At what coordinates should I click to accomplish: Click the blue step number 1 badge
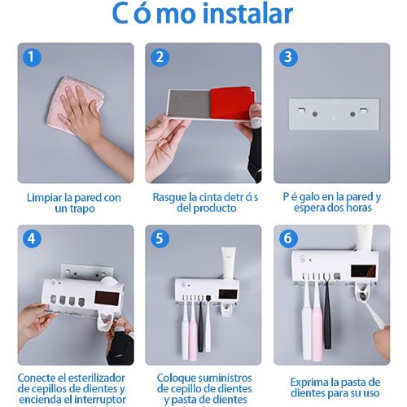pos(32,57)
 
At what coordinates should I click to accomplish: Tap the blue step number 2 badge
pos(160,57)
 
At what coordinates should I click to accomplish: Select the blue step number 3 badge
pos(288,57)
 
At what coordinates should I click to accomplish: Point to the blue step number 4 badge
pos(32,239)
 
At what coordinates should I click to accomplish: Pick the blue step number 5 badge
pos(160,239)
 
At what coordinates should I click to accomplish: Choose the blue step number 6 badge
pos(288,239)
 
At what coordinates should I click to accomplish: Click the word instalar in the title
pos(248,14)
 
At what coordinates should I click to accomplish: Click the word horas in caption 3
pos(359,208)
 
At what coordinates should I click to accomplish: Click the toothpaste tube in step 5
pos(229,262)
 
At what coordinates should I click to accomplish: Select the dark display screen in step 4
pos(107,299)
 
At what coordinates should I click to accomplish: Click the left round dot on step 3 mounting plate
pos(315,114)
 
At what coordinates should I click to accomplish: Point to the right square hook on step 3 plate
pos(363,111)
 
